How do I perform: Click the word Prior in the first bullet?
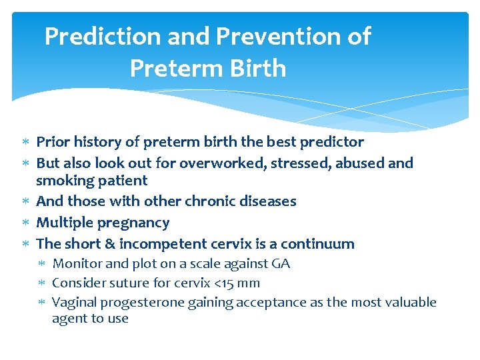(52, 142)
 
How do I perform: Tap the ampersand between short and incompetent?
(106, 244)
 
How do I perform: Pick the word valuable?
(411, 303)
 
